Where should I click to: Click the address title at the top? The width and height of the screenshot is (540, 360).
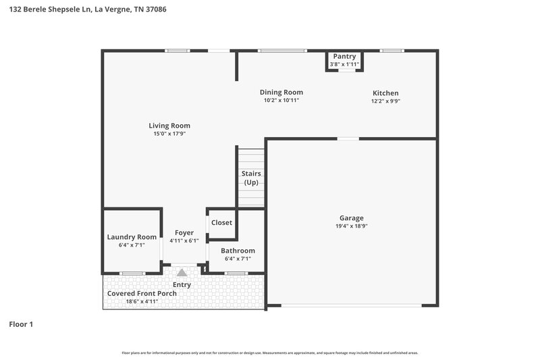(84, 9)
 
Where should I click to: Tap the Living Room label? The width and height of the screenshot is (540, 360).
(169, 126)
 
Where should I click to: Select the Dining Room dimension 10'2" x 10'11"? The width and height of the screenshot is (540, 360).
(281, 100)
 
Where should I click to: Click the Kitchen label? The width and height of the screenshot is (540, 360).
(385, 93)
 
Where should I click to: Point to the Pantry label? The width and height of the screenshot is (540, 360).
(344, 56)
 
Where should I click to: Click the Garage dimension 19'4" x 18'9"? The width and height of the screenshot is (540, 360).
(351, 226)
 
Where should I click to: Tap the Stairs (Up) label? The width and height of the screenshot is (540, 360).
(251, 178)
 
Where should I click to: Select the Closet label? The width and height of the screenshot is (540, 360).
(221, 223)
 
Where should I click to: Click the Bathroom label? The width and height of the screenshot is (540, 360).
(238, 251)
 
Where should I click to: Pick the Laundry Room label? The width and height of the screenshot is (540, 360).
(132, 237)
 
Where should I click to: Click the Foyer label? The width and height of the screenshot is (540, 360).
(184, 232)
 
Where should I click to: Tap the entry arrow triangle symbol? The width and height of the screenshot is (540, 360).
(182, 274)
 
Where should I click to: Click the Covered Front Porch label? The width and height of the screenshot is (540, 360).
(142, 293)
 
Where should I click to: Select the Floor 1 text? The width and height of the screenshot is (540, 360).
(21, 324)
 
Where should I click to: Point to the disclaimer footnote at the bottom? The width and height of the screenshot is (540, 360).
(269, 353)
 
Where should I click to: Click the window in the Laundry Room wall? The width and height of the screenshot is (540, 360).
(132, 273)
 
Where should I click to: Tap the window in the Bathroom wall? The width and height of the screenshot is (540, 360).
(235, 273)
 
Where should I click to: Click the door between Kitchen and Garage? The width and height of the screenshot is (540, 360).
(348, 139)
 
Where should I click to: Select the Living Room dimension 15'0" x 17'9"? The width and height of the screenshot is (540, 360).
(169, 134)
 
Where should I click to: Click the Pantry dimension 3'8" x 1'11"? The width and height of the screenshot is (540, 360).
(344, 64)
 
